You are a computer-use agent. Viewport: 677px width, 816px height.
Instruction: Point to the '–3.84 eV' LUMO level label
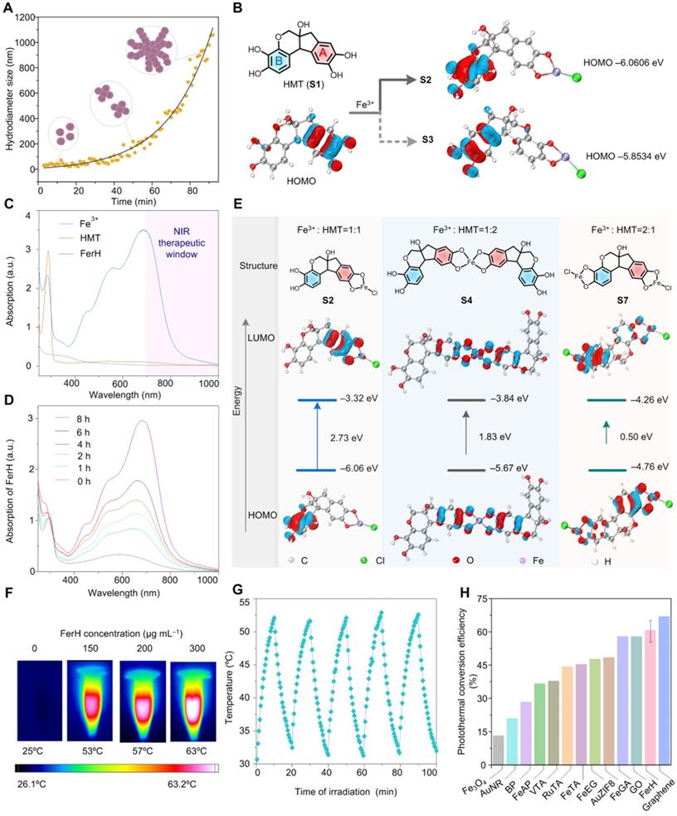pos(509,398)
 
